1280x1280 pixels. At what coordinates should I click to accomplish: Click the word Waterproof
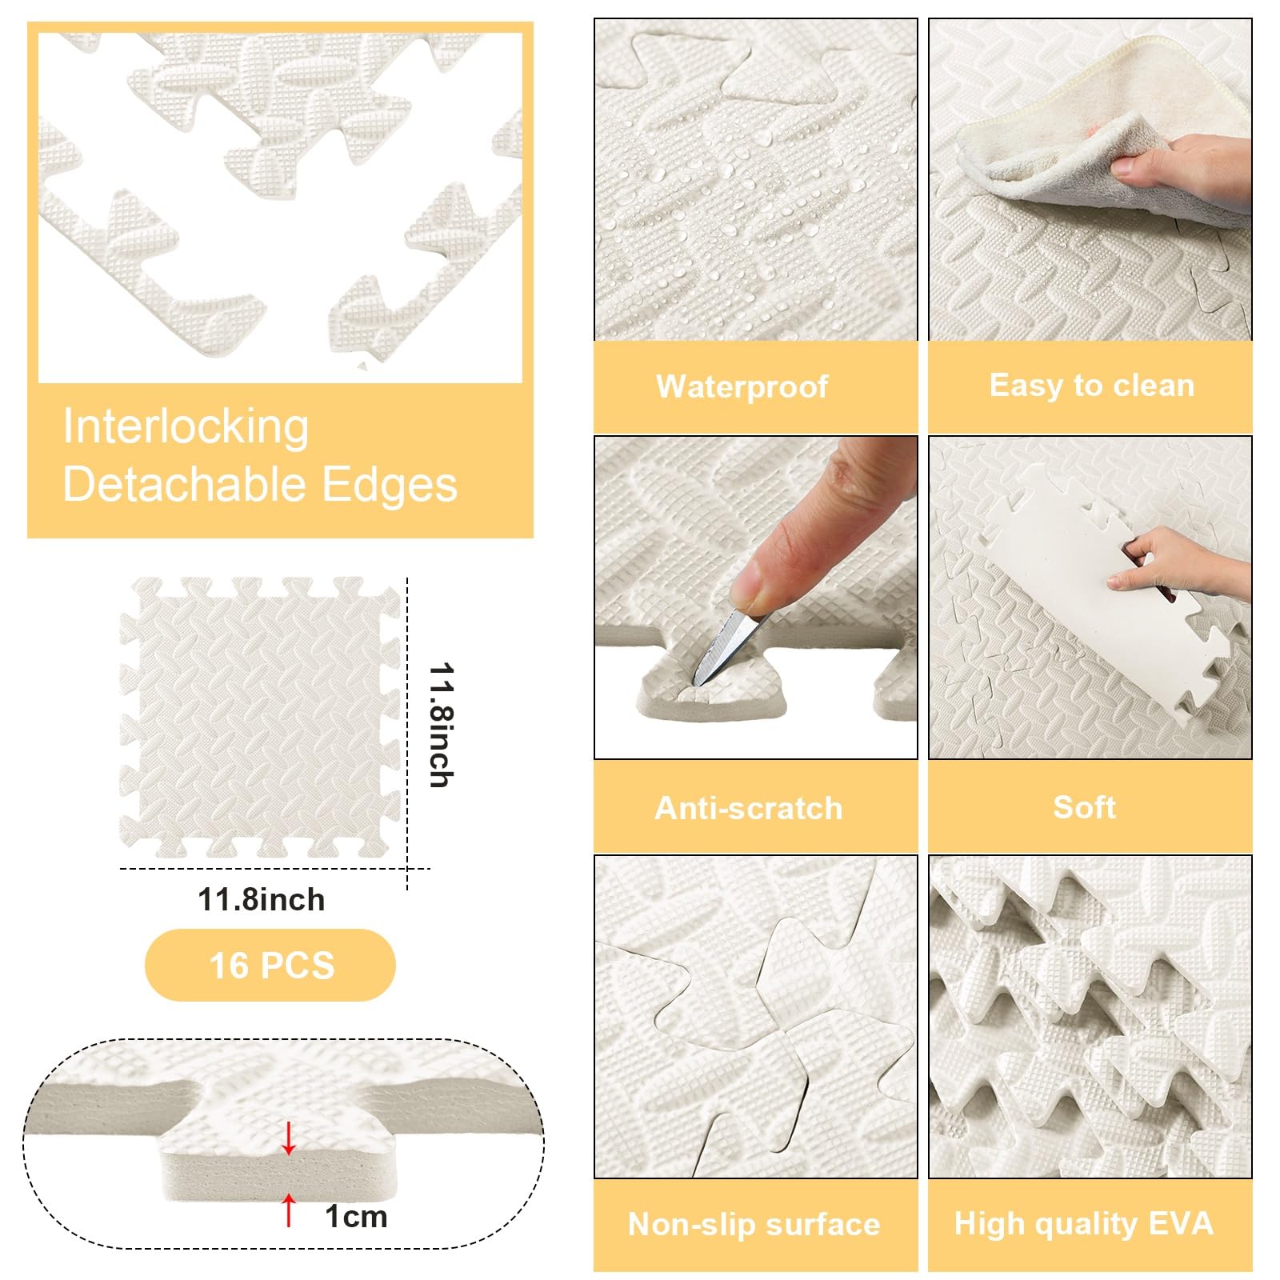coord(742,386)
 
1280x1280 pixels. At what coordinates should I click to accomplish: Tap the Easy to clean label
coord(1091,386)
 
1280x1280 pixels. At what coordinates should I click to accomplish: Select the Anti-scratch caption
coord(749,808)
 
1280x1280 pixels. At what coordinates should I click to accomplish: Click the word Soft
coord(1084,807)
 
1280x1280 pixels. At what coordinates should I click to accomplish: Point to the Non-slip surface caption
coord(754,1224)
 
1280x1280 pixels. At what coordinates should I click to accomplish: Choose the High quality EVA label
coord(1084,1224)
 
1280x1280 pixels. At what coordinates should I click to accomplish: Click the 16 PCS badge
coord(270,965)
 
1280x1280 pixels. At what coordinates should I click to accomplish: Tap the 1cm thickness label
coord(356,1217)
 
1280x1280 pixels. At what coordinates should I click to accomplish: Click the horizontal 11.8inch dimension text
coord(262,900)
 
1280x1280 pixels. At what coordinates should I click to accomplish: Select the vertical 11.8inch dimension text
coord(441,725)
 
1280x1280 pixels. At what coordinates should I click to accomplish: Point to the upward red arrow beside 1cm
coord(289,1210)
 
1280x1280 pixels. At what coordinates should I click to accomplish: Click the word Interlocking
coord(186,426)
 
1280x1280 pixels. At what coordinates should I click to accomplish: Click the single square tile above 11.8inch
coord(260,718)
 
